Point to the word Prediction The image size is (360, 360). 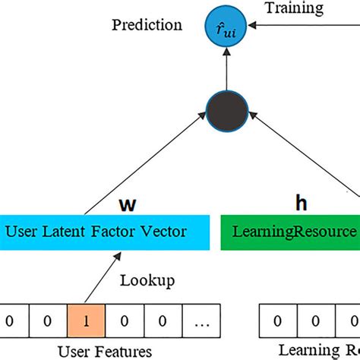pos(147,25)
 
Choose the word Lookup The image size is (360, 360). pos(147,280)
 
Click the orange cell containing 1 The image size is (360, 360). pos(86,321)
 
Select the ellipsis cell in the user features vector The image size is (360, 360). pos(201,321)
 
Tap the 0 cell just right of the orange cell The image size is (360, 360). pos(124,321)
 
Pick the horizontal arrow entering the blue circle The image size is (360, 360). pos(304,25)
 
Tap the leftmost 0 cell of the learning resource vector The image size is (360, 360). pos(278,321)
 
